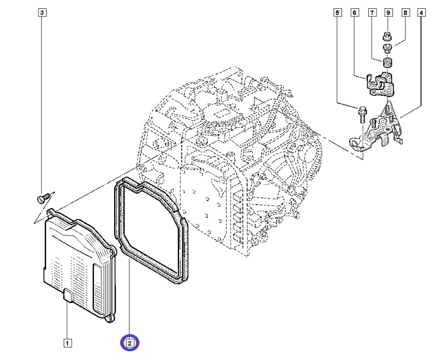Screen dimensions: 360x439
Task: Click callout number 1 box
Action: coord(67,344)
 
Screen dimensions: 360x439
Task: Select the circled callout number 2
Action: coord(130,344)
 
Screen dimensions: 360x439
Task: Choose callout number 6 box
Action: coord(354,12)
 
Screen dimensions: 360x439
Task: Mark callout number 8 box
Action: coord(406,12)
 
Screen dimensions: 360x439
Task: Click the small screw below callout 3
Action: coord(42,196)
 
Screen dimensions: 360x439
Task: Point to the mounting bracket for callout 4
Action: coord(376,132)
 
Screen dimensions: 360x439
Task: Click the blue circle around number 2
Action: coord(130,344)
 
